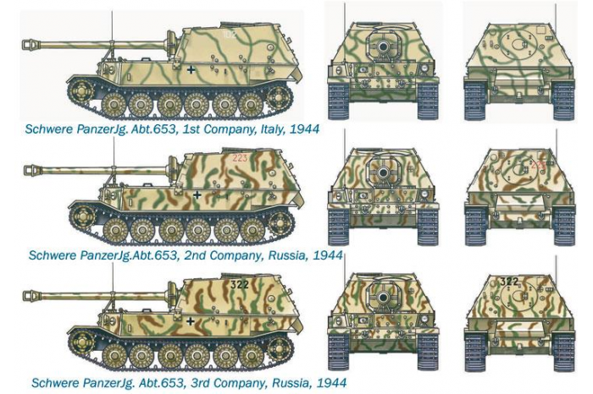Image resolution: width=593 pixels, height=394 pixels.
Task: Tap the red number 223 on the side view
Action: [241, 157]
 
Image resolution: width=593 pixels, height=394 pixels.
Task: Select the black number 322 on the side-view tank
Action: [240, 285]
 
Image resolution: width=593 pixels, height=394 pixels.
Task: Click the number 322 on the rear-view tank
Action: [508, 282]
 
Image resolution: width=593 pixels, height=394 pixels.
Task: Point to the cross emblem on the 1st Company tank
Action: [192, 69]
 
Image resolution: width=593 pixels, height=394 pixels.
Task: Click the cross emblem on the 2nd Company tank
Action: [197, 194]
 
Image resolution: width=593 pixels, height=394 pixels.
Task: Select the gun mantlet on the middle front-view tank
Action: [384, 172]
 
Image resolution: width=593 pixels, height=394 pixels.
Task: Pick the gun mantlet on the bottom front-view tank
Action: [383, 299]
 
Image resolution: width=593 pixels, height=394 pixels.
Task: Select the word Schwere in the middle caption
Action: [53, 254]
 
